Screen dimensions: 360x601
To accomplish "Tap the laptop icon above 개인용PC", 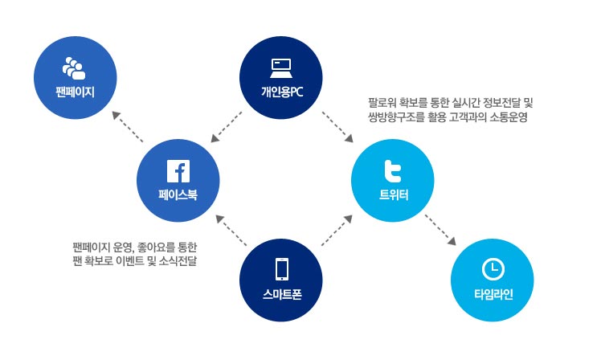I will click(280, 67).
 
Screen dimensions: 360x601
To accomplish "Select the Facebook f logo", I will click(177, 170).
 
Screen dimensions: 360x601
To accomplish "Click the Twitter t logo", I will click(393, 171).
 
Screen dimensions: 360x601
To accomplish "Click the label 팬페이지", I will click(74, 90).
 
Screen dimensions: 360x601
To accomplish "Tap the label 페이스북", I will click(177, 194).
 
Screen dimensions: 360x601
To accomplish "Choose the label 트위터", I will click(393, 194).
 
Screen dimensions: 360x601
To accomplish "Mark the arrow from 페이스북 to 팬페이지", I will click(128, 127).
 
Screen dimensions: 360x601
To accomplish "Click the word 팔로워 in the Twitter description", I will click(381, 104).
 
